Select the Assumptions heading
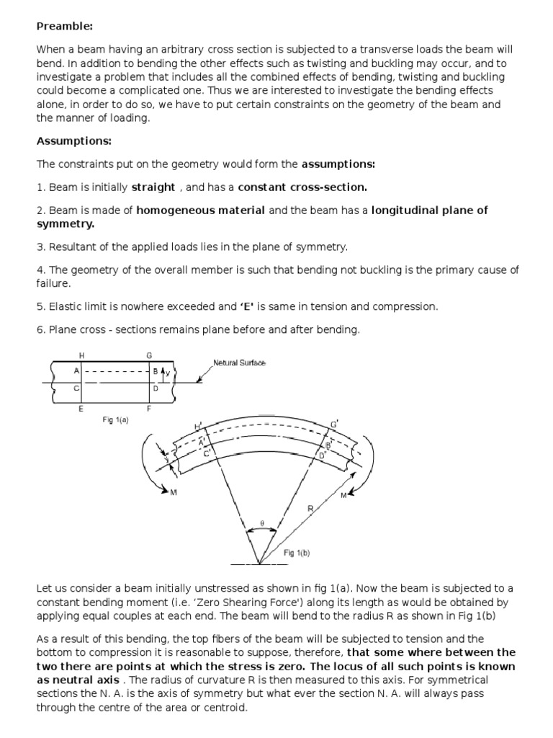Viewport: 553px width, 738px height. click(74, 141)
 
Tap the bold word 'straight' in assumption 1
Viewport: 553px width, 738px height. click(153, 187)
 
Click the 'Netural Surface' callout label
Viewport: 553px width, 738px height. click(239, 363)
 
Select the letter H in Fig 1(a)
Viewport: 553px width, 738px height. click(81, 355)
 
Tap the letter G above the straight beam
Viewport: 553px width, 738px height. click(149, 355)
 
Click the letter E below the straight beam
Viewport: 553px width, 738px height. click(81, 409)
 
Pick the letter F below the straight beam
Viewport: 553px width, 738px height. click(149, 409)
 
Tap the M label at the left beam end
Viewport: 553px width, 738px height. click(174, 492)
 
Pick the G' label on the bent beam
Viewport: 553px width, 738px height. click(333, 422)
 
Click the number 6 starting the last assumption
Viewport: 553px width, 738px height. click(40, 329)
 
